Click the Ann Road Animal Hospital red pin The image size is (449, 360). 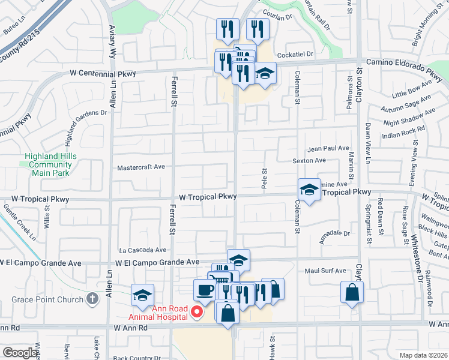click(196, 311)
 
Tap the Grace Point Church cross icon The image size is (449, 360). click(92, 298)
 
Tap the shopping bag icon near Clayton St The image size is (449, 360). click(352, 293)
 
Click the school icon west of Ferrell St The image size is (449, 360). click(143, 295)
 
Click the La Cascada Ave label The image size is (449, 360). click(142, 250)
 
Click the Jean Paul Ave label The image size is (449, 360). click(328, 148)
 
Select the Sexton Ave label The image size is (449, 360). click(309, 161)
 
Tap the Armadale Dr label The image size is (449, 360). click(334, 233)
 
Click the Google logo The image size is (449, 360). click(20, 353)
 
